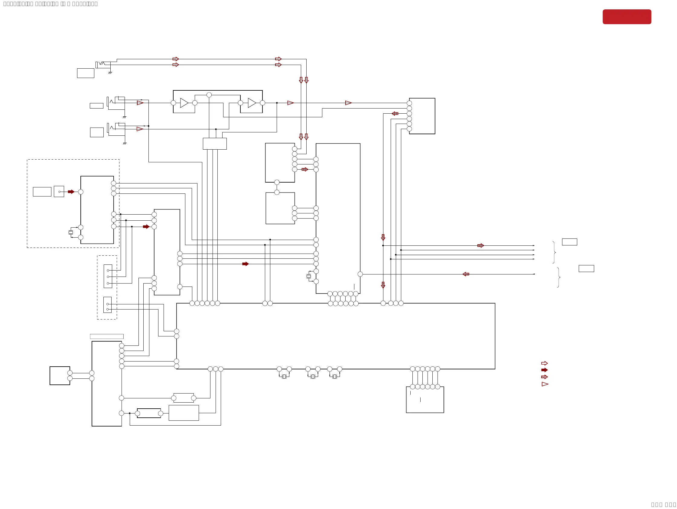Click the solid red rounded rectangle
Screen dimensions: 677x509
pos(627,17)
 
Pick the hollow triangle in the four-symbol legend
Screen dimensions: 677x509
pos(545,384)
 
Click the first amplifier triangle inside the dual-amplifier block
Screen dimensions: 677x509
pos(184,103)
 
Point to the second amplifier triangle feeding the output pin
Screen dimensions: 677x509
pos(252,103)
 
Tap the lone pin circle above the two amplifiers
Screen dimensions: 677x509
pos(209,95)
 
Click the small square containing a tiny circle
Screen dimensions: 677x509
pos(59,192)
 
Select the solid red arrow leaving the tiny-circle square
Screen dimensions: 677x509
pos(71,192)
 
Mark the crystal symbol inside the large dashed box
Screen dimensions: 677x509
pos(71,232)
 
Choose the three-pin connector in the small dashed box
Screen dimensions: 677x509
pos(108,276)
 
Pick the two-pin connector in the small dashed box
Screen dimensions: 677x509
pos(107,305)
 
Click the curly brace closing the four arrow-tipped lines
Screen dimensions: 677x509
pos(554,252)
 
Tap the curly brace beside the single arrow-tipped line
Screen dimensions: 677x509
pos(558,277)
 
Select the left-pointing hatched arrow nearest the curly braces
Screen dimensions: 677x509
pos(466,274)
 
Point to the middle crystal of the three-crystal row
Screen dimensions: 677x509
pos(313,377)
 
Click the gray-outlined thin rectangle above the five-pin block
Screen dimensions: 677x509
pos(107,336)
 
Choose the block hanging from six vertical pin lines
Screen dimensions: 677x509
pos(425,400)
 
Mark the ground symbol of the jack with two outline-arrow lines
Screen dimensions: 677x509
pos(110,73)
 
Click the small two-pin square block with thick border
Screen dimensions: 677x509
pos(60,376)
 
